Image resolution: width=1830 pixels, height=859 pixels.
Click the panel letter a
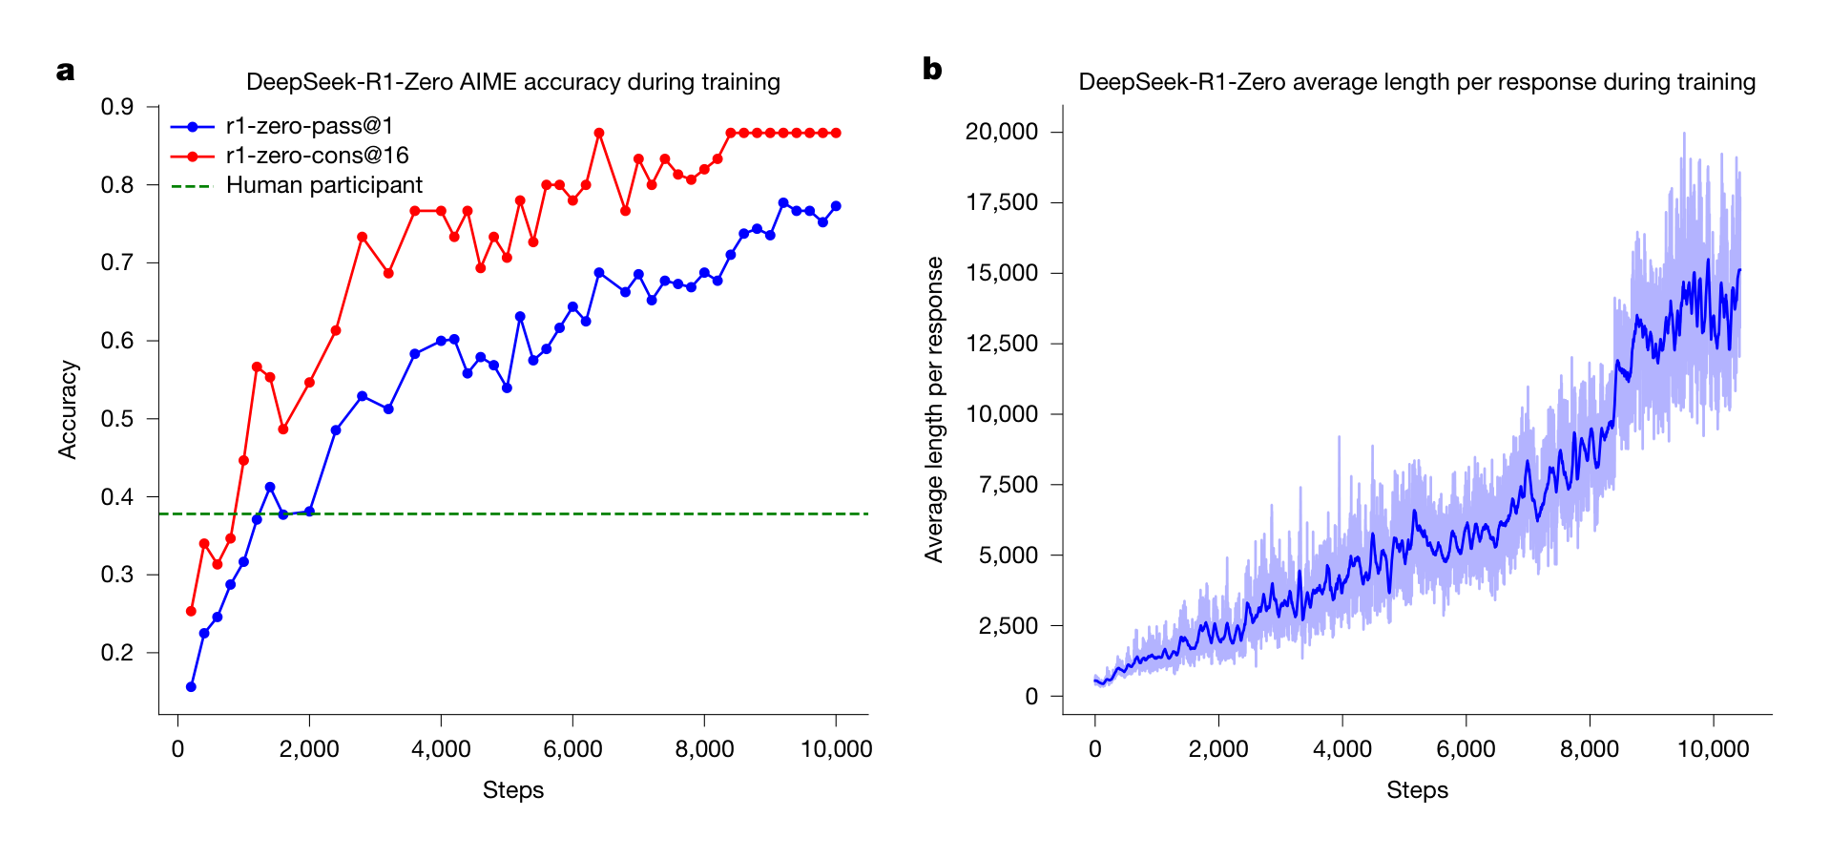coord(65,72)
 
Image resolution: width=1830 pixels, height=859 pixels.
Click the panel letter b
coord(931,70)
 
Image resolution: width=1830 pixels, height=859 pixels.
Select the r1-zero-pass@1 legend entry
coord(309,126)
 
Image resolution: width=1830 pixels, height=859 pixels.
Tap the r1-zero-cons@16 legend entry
coord(317,156)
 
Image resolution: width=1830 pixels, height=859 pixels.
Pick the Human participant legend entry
coord(323,185)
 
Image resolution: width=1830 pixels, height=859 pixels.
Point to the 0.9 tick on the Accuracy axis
coord(117,107)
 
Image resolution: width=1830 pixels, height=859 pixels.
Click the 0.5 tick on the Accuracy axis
coord(117,419)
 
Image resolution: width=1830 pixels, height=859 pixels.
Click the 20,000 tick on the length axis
coord(1001,132)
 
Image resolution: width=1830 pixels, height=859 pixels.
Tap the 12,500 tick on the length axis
coord(1001,344)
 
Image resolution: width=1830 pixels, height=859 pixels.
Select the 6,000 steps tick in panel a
coord(572,749)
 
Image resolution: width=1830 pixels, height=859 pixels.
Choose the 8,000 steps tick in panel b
coord(1590,749)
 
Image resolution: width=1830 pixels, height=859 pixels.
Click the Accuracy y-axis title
coord(67,409)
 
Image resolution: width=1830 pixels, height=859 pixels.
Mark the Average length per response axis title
coord(933,409)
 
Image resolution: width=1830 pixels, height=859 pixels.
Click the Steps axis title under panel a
coord(512,790)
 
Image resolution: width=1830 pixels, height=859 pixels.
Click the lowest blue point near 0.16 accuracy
coord(191,686)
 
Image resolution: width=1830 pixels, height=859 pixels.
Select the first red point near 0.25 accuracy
coord(191,611)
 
